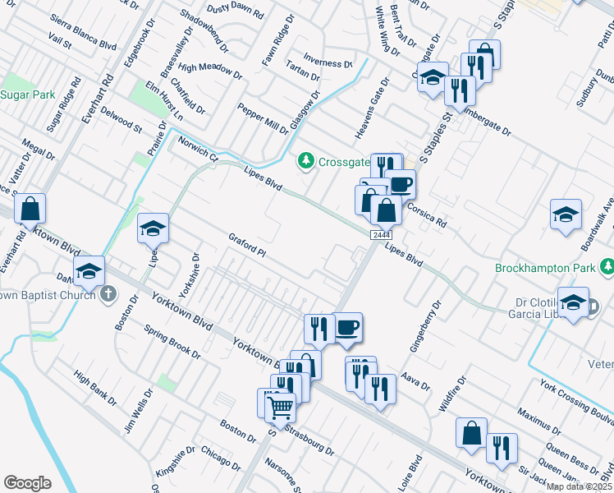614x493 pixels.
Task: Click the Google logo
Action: pyautogui.click(x=27, y=483)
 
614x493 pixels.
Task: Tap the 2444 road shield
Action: pyautogui.click(x=379, y=236)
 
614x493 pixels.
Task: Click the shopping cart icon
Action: pyautogui.click(x=281, y=406)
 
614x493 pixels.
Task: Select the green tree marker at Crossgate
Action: pyautogui.click(x=306, y=159)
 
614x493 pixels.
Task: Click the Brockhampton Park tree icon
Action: pyautogui.click(x=607, y=267)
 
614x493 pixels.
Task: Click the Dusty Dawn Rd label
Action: pyautogui.click(x=234, y=12)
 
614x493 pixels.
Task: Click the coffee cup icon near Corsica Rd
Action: pyautogui.click(x=400, y=185)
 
